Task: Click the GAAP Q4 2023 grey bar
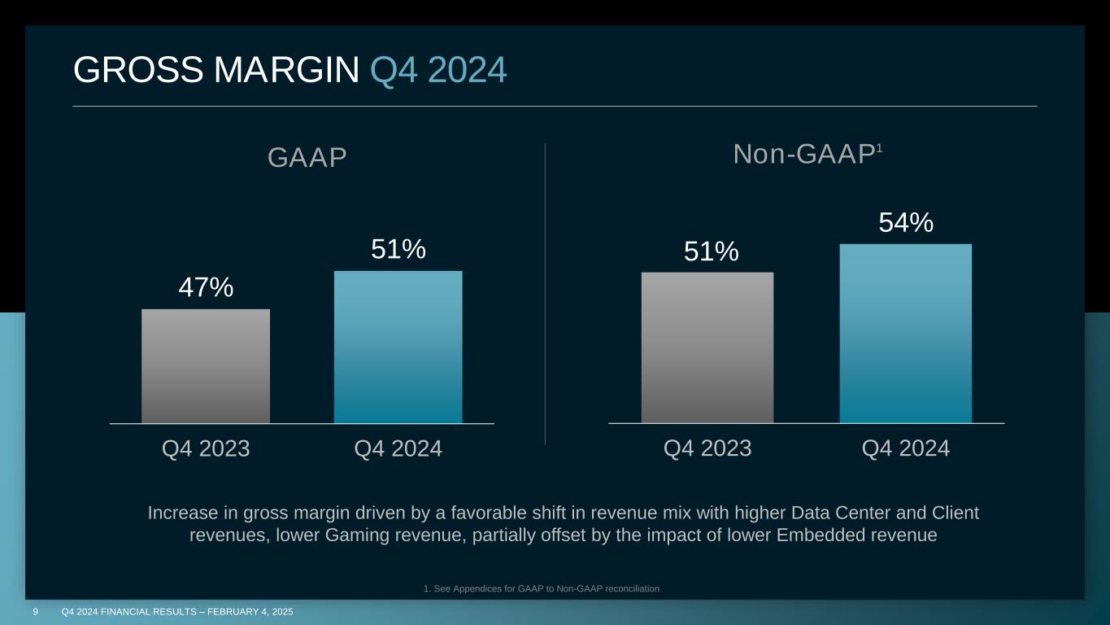point(206,366)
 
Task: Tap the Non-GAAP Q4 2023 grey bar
point(707,347)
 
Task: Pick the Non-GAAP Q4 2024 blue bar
point(905,334)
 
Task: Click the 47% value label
point(206,287)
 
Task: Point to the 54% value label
point(905,222)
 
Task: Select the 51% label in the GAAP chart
point(398,250)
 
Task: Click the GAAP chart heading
point(307,158)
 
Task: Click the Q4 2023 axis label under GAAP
point(206,448)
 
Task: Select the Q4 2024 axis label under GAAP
point(398,448)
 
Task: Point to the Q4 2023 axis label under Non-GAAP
point(707,448)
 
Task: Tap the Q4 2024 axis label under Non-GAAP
point(905,448)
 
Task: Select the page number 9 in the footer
point(36,611)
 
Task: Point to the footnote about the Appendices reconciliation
point(541,588)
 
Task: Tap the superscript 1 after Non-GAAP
point(878,146)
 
